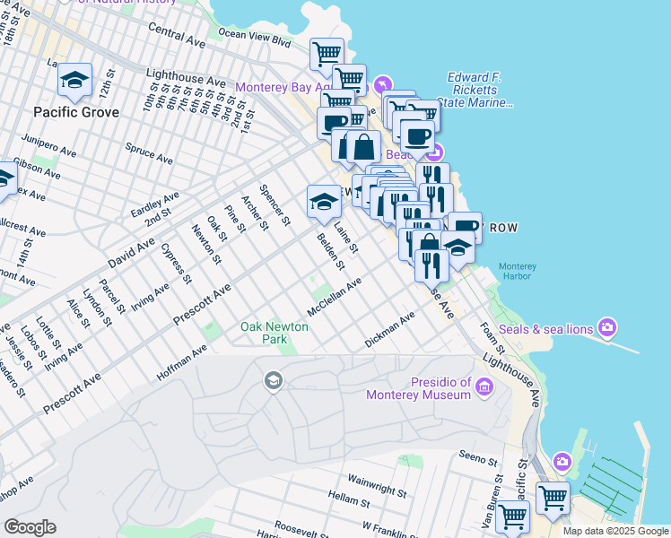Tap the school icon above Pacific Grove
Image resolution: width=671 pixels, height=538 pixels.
(75, 80)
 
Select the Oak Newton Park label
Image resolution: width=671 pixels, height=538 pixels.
(274, 334)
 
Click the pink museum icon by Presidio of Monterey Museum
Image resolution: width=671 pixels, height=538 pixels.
(484, 387)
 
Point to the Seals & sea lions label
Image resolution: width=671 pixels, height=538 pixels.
(545, 329)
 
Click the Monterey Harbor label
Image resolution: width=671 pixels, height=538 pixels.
(517, 272)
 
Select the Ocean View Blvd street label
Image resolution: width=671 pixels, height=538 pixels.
(256, 38)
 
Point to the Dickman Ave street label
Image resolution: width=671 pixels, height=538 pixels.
(390, 330)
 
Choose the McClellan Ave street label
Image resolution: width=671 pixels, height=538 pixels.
(334, 296)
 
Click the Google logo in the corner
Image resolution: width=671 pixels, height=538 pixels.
(30, 526)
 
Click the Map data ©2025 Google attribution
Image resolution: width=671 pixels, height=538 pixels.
(614, 531)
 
